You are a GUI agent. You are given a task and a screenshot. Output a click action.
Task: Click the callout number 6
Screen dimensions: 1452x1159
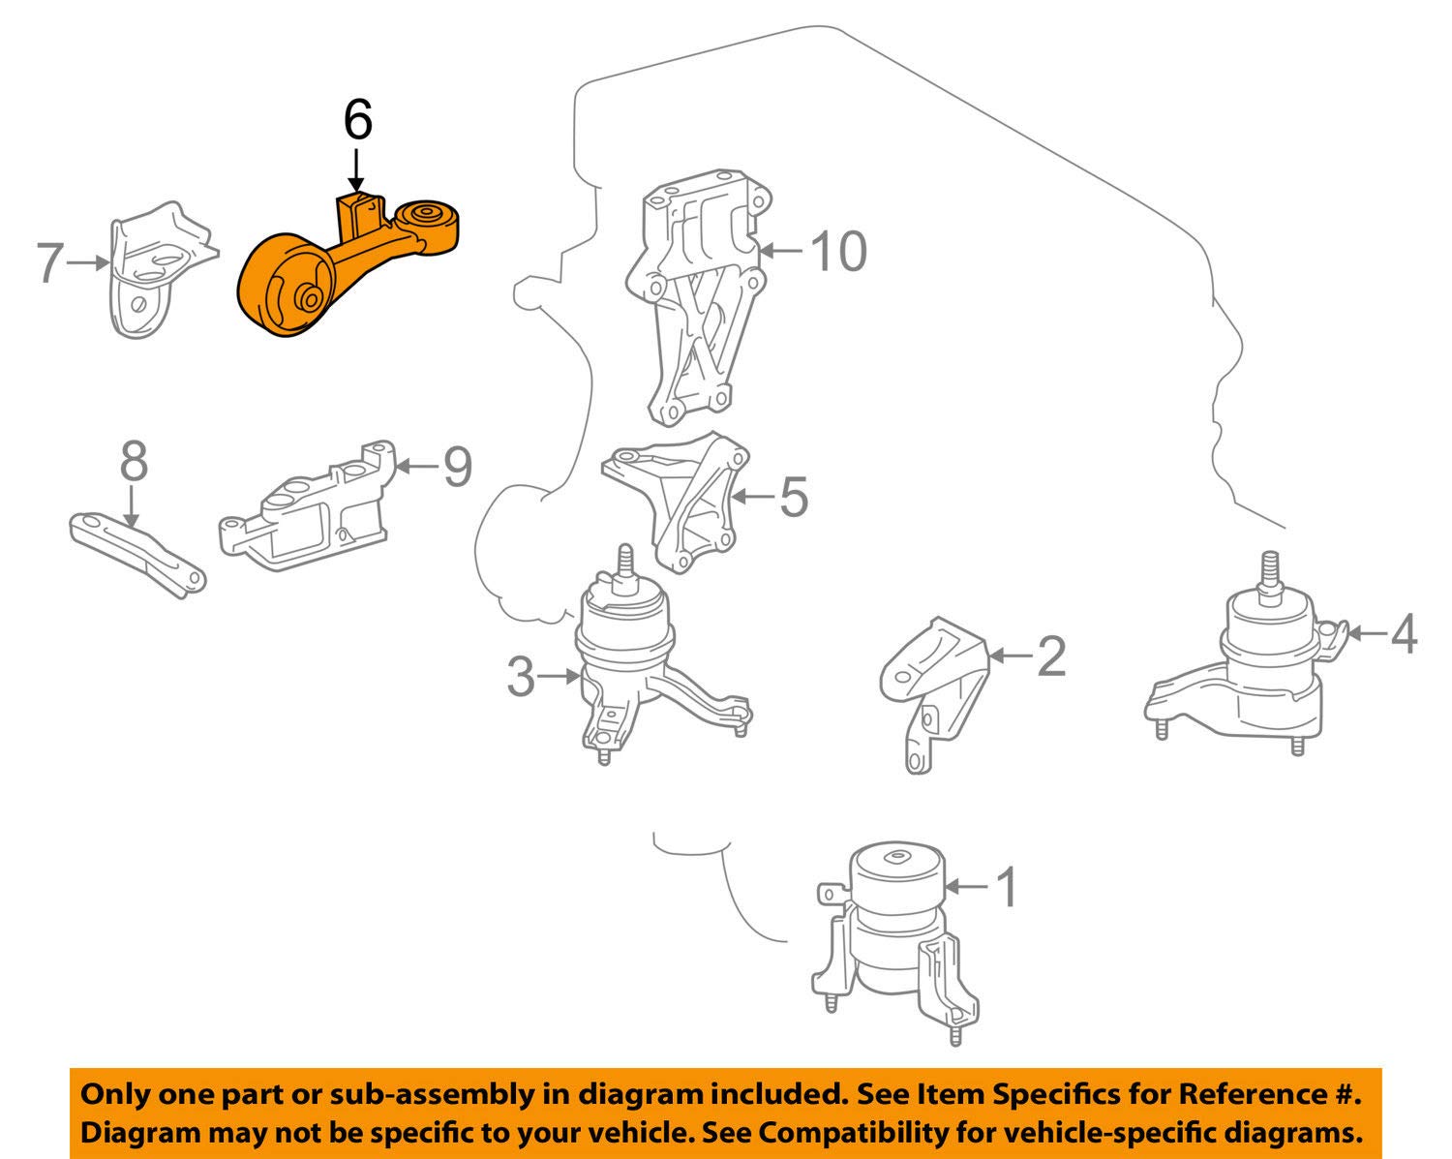pos(357,120)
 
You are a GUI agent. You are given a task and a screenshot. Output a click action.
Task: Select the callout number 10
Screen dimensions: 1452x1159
pos(838,251)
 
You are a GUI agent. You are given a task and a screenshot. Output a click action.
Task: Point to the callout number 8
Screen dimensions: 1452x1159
pos(134,462)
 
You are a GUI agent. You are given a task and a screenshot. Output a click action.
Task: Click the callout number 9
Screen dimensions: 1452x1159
pos(458,467)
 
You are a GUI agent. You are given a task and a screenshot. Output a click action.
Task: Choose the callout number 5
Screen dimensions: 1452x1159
pos(794,498)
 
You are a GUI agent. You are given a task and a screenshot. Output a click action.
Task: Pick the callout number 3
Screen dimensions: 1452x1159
pos(521,677)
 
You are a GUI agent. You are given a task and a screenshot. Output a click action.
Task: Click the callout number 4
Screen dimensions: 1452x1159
pos(1404,634)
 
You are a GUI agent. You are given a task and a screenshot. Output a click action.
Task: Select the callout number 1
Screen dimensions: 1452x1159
pos(1007,888)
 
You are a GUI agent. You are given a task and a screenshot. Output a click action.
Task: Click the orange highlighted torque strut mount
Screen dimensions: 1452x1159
pos(344,270)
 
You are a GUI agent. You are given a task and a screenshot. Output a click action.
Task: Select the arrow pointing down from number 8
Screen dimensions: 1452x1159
pos(131,506)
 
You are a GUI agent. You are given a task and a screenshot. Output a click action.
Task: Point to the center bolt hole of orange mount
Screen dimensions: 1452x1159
pos(310,297)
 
